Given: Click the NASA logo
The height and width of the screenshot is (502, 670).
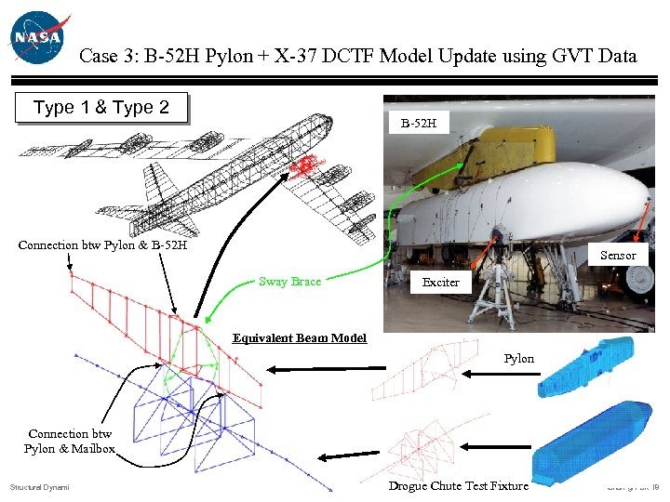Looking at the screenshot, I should pos(37,37).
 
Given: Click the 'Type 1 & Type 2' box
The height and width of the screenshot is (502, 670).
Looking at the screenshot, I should pos(101,108).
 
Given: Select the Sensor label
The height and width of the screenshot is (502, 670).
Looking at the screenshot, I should pos(618,255).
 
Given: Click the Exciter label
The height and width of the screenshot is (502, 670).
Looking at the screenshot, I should pos(441,282).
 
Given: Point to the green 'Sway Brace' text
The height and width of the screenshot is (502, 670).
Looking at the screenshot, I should pos(289,281).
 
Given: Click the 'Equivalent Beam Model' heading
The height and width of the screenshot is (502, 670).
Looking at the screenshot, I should pos(300,338).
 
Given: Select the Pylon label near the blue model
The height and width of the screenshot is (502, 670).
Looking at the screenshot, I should pos(519,358).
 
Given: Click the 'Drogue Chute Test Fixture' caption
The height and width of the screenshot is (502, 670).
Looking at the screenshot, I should pos(458,485).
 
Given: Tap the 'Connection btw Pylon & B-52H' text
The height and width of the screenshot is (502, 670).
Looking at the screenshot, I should pos(102,245).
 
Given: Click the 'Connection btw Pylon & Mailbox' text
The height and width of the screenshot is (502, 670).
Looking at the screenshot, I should pos(70,441).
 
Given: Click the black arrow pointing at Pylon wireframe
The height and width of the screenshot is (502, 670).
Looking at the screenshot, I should pos(484,374).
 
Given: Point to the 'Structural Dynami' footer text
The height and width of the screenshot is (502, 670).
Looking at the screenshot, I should pos(40,487).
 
